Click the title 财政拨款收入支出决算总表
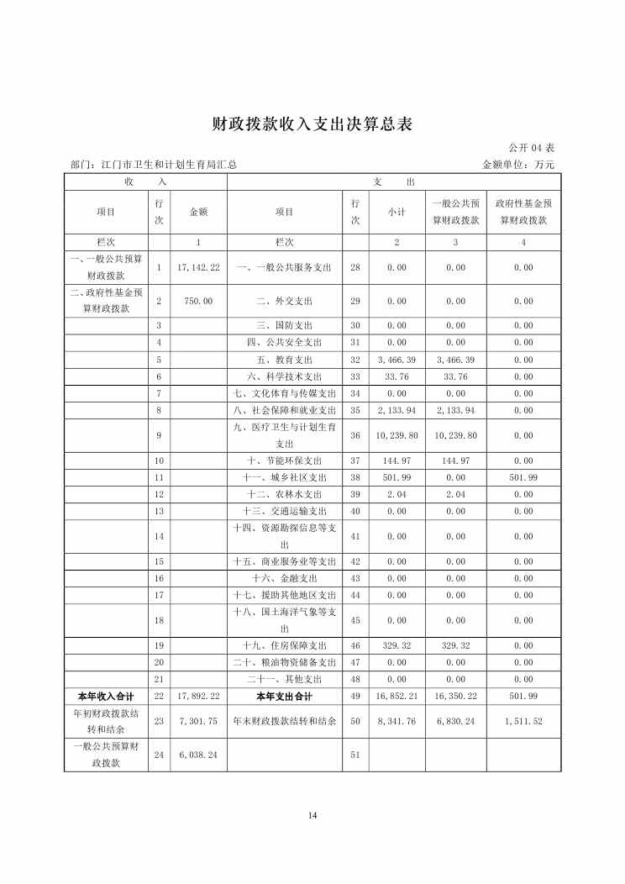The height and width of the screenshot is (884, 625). pos(312,124)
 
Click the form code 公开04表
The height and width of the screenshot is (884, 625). pos(533,149)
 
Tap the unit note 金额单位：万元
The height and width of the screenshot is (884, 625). pos(518,165)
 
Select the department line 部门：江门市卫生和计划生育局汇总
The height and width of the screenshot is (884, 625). pos(154,165)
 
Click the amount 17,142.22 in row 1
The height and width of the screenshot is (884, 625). pos(199,267)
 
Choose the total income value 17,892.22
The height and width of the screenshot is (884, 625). pos(199,696)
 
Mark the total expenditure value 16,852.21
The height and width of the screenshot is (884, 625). pos(397,696)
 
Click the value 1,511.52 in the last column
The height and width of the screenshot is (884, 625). pos(523,721)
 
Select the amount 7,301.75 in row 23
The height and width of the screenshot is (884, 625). pos(199,721)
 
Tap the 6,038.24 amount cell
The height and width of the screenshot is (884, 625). pos(199,755)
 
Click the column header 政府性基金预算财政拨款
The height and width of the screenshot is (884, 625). pos(523,212)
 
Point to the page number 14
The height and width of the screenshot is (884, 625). pos(312,815)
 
